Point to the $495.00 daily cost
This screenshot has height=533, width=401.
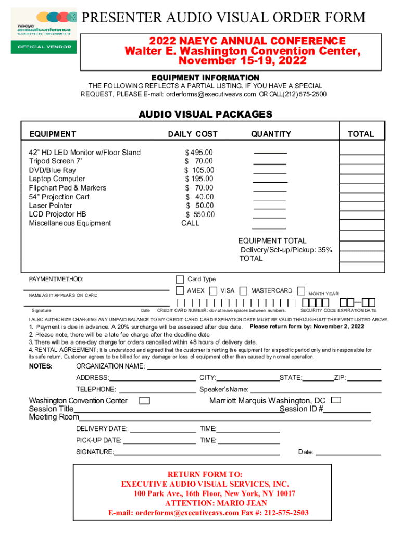[199, 153]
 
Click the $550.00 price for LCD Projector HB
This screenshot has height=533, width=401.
[200, 214]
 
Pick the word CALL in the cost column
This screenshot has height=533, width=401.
[190, 223]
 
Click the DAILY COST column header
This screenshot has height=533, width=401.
[193, 134]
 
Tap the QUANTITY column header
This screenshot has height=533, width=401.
[271, 134]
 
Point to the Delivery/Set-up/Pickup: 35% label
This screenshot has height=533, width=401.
[286, 250]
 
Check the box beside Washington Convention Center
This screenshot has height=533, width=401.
[145, 401]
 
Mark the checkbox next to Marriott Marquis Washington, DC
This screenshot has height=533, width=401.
[336, 400]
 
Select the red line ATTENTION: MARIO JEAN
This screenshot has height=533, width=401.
[216, 503]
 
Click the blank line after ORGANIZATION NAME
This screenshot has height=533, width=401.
[264, 368]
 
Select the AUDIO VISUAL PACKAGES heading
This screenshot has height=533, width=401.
[205, 115]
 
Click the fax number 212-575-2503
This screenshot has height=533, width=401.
[286, 513]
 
